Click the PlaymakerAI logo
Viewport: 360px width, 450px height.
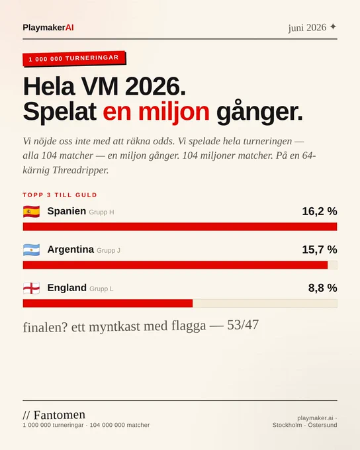point(48,28)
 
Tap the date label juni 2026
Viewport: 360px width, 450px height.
point(307,28)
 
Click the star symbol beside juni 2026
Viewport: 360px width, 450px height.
point(333,26)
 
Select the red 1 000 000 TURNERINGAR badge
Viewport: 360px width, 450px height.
point(74,58)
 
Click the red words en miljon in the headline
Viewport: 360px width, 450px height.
point(156,112)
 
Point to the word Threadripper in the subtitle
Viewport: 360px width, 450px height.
point(80,170)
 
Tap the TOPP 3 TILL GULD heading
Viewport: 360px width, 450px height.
point(60,195)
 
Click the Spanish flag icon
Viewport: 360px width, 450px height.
point(32,212)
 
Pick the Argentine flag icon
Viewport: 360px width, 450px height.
point(32,250)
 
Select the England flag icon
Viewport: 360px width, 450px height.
point(32,288)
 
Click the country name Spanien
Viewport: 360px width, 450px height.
point(67,211)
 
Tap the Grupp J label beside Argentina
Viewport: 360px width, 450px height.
point(109,250)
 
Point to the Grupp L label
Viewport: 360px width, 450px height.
point(101,289)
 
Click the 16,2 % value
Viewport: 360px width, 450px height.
point(320,211)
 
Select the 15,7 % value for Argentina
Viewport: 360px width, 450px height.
point(320,249)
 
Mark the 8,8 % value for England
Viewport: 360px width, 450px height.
point(323,288)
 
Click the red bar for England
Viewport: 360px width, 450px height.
point(108,303)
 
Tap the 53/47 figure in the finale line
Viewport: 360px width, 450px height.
point(243,325)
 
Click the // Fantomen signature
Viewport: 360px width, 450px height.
point(54,415)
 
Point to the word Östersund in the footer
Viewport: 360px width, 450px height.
point(322,425)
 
